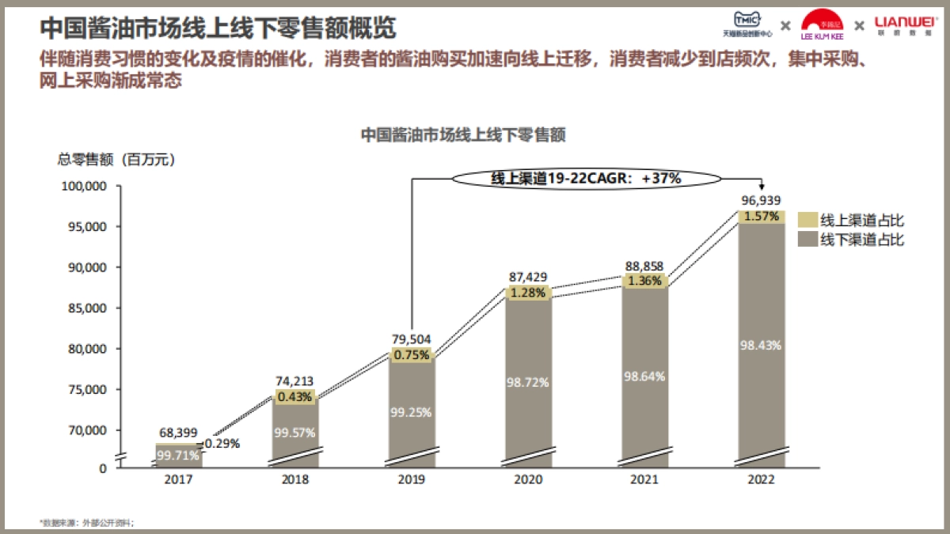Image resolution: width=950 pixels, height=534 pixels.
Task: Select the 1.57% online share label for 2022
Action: point(762,216)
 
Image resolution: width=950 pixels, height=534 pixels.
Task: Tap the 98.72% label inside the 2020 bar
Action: point(528,382)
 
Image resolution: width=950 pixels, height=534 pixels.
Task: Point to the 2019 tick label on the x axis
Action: point(412,480)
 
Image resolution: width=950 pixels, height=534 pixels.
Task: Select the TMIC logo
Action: point(747,24)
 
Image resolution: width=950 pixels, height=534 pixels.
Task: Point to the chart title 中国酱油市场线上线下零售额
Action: point(463,135)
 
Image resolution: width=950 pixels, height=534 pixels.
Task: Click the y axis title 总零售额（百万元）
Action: point(116,159)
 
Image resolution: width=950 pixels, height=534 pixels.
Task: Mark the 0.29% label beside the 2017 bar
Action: point(222,445)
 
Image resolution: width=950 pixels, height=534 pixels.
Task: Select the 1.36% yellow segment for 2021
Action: point(644,281)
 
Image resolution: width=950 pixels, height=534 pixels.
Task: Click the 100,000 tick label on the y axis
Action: point(84,186)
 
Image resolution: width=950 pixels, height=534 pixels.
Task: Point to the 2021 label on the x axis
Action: point(644,480)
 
